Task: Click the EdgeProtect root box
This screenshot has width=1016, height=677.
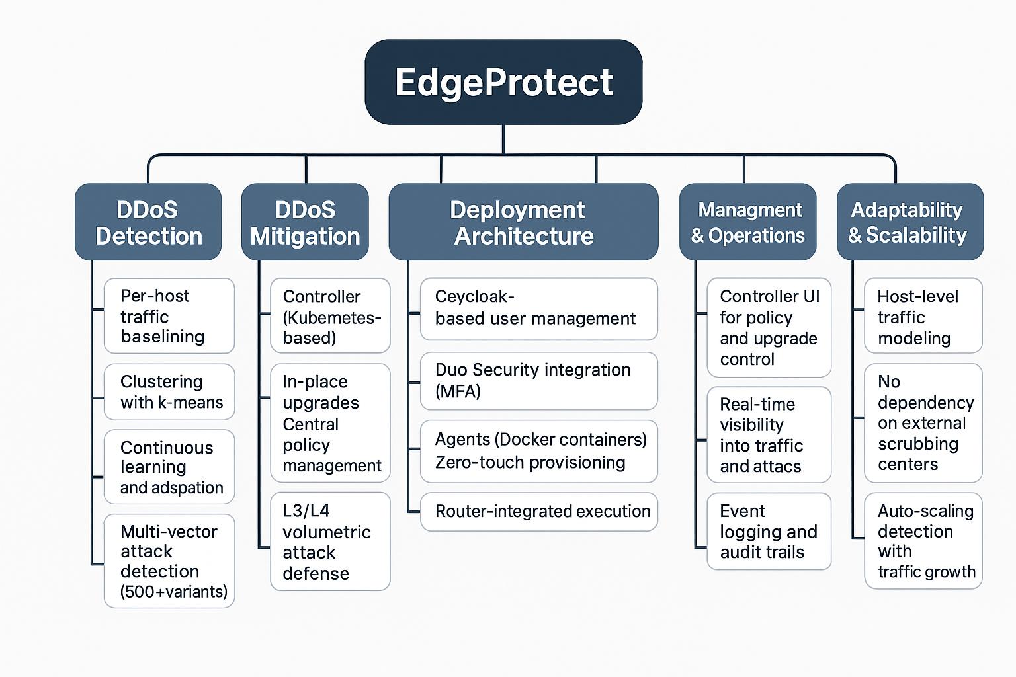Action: click(x=503, y=82)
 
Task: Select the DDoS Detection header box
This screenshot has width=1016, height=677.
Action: click(x=148, y=222)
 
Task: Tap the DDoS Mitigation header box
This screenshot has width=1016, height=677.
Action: click(x=305, y=222)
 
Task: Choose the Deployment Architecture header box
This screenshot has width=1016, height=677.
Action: click(x=523, y=222)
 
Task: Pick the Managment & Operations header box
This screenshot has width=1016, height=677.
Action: click(x=747, y=222)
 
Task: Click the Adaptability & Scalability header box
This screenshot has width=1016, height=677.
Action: click(x=910, y=222)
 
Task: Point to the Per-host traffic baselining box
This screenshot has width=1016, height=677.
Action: click(x=169, y=316)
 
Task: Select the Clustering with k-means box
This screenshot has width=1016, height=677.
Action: click(x=169, y=392)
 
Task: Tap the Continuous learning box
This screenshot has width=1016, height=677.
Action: click(x=169, y=467)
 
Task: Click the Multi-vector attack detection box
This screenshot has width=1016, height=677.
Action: click(x=169, y=561)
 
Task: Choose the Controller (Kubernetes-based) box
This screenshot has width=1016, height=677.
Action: click(x=330, y=316)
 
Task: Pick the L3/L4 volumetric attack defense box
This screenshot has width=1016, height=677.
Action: click(x=330, y=541)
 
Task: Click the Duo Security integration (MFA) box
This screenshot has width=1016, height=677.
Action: click(x=538, y=381)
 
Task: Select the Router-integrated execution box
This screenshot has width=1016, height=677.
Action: click(x=538, y=511)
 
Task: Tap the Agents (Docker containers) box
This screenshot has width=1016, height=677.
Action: click(x=538, y=451)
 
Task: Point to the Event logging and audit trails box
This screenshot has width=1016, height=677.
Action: click(x=769, y=531)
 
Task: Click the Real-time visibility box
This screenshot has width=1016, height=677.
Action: click(x=769, y=434)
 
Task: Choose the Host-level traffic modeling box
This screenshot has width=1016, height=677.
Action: click(x=923, y=316)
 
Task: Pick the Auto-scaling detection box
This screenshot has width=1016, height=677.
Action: click(x=923, y=540)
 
